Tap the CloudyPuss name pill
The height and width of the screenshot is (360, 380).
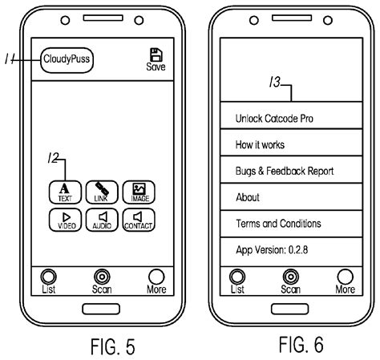tap(67, 60)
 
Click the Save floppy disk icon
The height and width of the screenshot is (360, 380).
tap(156, 55)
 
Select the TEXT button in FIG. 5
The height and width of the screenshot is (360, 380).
tap(65, 192)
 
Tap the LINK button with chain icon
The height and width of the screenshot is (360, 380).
tap(102, 192)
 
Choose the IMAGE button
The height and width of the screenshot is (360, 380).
tap(139, 192)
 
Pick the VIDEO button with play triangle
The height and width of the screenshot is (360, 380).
tap(65, 220)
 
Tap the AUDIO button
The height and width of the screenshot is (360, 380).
tap(102, 220)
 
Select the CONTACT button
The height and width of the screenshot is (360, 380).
tap(139, 220)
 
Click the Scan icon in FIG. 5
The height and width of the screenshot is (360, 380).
tap(102, 277)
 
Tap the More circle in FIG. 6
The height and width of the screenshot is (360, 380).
tap(345, 277)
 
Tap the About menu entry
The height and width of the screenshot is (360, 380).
tap(291, 196)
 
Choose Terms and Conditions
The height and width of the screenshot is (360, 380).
tap(291, 224)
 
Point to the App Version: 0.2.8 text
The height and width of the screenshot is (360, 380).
tap(272, 250)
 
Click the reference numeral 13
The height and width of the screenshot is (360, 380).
tap(275, 82)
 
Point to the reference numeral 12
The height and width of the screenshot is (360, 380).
tap(53, 158)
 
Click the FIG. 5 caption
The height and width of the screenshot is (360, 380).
tap(113, 346)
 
